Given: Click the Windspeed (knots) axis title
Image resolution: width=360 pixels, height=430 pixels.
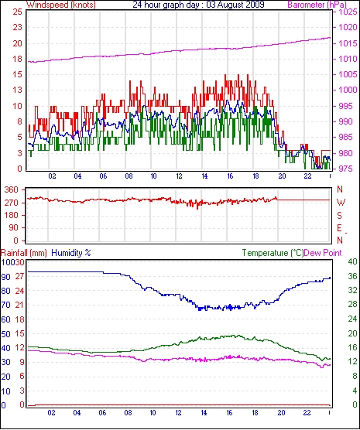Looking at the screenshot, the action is tap(61, 5).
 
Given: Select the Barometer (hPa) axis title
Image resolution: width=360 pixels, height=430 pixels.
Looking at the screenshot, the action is tap(317, 5).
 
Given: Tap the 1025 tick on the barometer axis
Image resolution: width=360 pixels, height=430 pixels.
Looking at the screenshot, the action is tap(348, 12).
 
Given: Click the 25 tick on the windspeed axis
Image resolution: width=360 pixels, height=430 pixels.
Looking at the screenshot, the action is tap(17, 12).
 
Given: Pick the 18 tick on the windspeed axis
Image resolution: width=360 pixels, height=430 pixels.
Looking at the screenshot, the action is tap(17, 59).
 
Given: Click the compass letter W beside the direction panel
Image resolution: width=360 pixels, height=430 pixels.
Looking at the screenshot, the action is tap(341, 203).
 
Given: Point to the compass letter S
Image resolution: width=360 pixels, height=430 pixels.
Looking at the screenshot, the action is tap(340, 216).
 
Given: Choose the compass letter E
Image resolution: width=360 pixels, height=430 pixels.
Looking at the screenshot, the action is tap(340, 228).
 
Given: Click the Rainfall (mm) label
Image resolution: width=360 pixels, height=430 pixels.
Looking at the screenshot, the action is tap(24, 253).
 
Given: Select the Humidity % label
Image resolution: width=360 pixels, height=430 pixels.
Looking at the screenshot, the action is tap(71, 253).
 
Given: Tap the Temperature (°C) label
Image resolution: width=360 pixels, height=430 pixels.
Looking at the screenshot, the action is tap(273, 253).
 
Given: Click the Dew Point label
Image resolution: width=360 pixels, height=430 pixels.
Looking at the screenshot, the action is tap(323, 253).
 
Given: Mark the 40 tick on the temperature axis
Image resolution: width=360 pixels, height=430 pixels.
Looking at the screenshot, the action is tap(352, 261).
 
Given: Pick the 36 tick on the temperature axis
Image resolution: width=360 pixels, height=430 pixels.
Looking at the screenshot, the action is tap(352, 276).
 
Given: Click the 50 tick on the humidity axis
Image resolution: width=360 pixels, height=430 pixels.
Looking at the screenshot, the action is tap(5, 334).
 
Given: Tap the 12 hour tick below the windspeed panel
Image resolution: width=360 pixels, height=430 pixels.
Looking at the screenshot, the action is tap(179, 176).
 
